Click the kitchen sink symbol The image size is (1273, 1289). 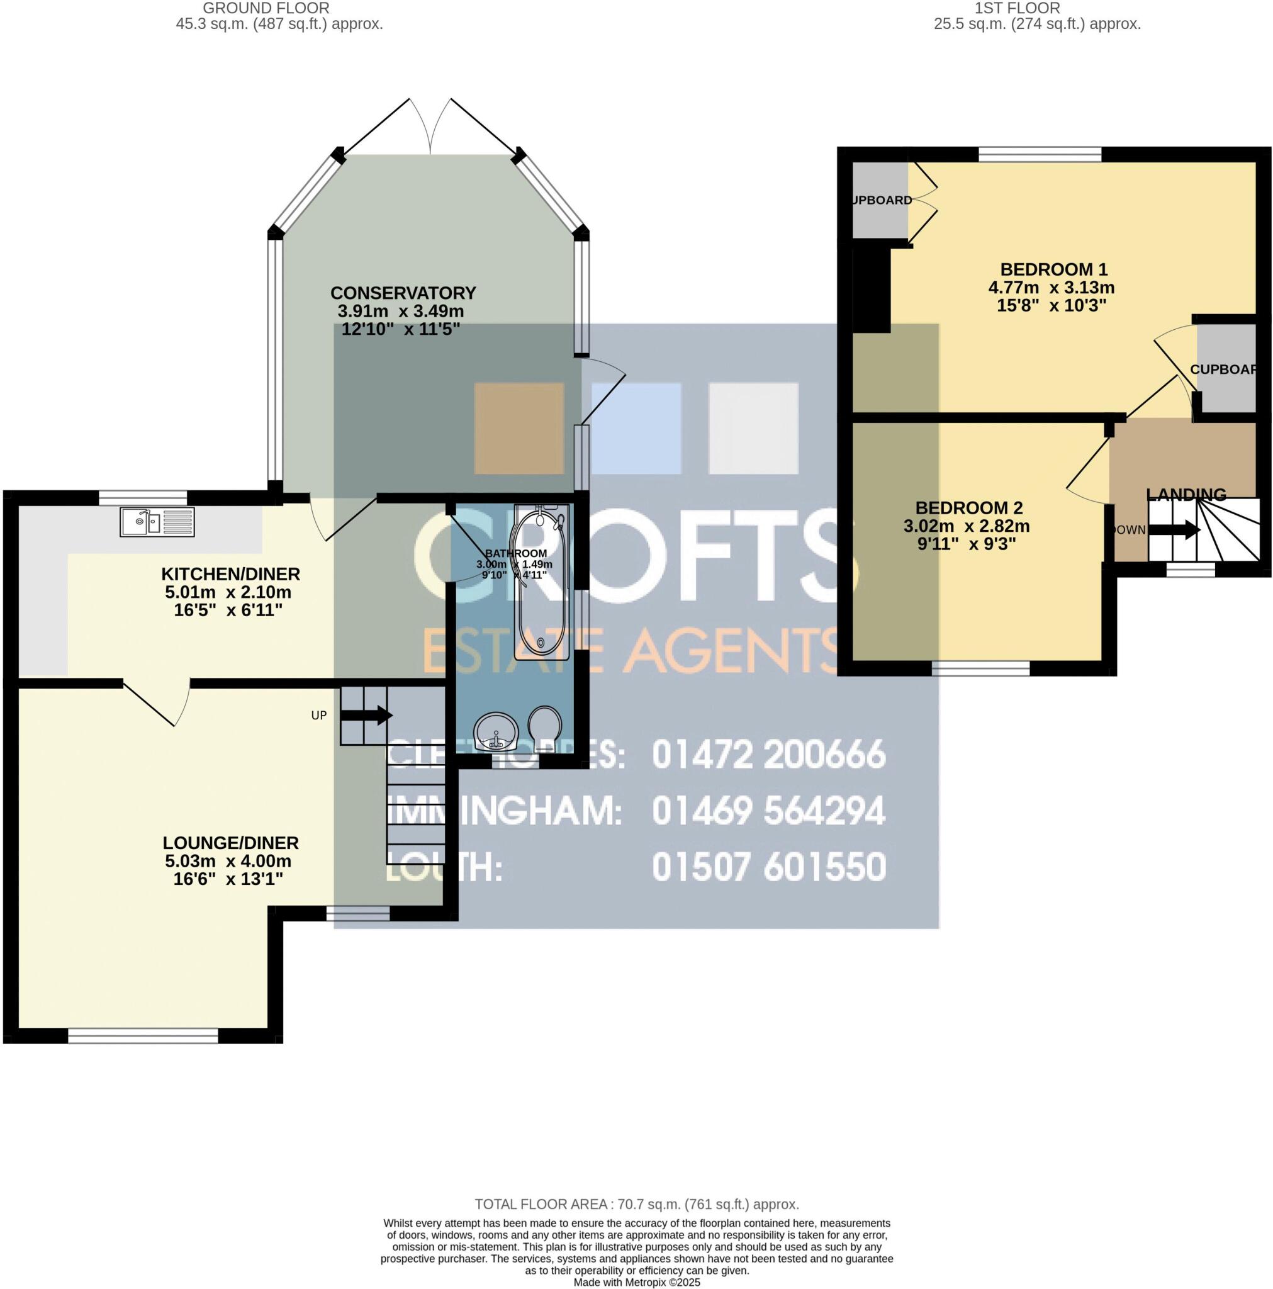157,522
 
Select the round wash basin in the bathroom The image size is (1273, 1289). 495,731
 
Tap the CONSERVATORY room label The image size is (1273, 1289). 403,293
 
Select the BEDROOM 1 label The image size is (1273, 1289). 1053,269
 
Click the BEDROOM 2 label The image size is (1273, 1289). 969,508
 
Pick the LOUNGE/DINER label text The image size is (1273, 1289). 231,843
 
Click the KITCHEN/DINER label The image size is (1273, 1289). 231,574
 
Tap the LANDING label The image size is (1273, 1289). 1186,494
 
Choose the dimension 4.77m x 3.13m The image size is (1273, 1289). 1051,288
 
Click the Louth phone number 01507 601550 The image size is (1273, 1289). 768,867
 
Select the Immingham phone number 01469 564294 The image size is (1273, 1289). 768,811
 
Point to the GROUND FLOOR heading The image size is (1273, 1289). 266,9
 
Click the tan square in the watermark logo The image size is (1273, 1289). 519,429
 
